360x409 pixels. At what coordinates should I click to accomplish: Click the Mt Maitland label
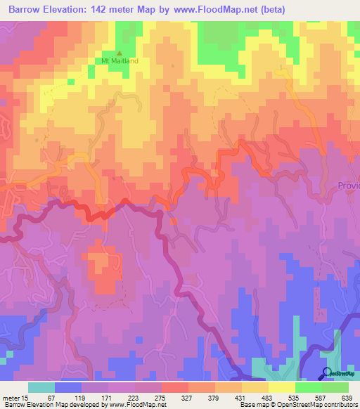pos(120,61)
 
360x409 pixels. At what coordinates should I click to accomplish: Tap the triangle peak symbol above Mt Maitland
pos(119,53)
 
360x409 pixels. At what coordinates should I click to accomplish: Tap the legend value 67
pos(51,397)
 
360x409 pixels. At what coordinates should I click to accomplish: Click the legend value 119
pos(87,397)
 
